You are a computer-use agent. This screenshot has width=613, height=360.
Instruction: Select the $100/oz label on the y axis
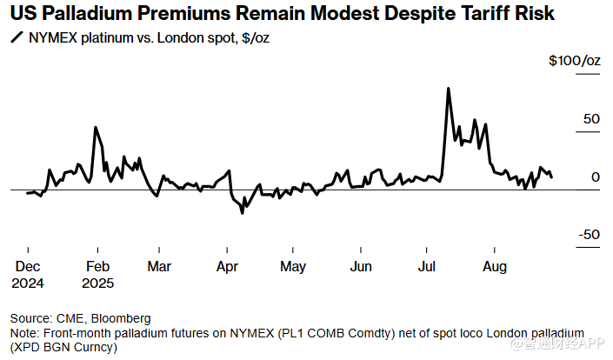(x=575, y=62)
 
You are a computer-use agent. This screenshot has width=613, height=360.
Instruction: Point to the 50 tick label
(x=591, y=119)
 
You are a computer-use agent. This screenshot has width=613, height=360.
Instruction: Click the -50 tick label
(x=589, y=235)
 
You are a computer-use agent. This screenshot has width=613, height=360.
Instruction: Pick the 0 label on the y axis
(x=596, y=177)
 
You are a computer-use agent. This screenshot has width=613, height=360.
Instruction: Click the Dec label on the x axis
(x=28, y=267)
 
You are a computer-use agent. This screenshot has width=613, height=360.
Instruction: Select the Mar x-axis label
(x=159, y=267)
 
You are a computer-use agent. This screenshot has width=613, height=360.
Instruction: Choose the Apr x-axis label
(x=227, y=267)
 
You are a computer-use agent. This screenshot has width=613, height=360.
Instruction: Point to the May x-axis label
(x=292, y=267)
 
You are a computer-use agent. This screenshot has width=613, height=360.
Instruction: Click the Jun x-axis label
(x=360, y=267)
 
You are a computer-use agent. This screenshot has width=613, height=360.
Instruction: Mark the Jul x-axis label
(x=427, y=267)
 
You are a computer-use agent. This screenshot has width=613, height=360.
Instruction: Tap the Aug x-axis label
(x=494, y=267)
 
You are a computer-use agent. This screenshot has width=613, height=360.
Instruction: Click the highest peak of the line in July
(x=448, y=88)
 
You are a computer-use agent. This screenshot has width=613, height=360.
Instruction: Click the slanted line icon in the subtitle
(x=15, y=39)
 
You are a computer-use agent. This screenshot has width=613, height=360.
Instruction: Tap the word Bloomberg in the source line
(x=121, y=317)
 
